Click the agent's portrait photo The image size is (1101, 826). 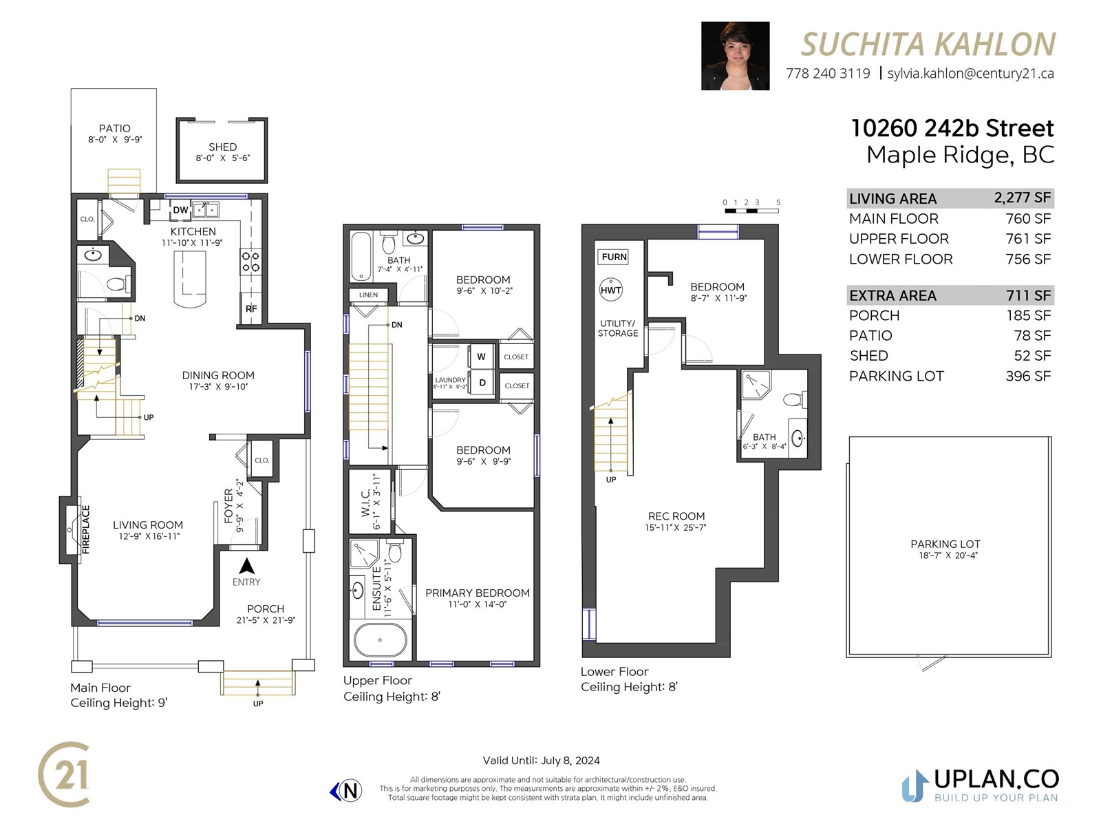click(x=735, y=56)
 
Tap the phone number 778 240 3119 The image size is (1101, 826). click(x=828, y=74)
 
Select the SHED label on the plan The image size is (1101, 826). click(x=223, y=147)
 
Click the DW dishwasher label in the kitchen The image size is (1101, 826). click(x=180, y=210)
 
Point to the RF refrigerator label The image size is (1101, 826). click(x=251, y=308)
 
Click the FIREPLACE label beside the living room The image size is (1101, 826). click(x=86, y=529)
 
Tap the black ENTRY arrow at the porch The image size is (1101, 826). click(x=246, y=566)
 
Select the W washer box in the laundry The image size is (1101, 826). click(x=482, y=357)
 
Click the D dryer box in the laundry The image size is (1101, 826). click(x=482, y=383)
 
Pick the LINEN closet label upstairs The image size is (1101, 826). click(x=368, y=295)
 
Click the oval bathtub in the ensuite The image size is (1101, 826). click(x=381, y=640)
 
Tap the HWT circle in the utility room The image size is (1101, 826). click(x=611, y=290)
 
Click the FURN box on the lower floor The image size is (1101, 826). click(x=614, y=257)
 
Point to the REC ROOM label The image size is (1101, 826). click(x=676, y=516)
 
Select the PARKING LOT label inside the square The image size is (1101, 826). click(x=945, y=544)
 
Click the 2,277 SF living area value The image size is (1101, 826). click(x=1023, y=198)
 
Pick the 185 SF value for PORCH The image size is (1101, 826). click(x=1028, y=315)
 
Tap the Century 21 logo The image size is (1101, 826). click(x=64, y=774)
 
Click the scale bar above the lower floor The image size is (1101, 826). click(x=751, y=211)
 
